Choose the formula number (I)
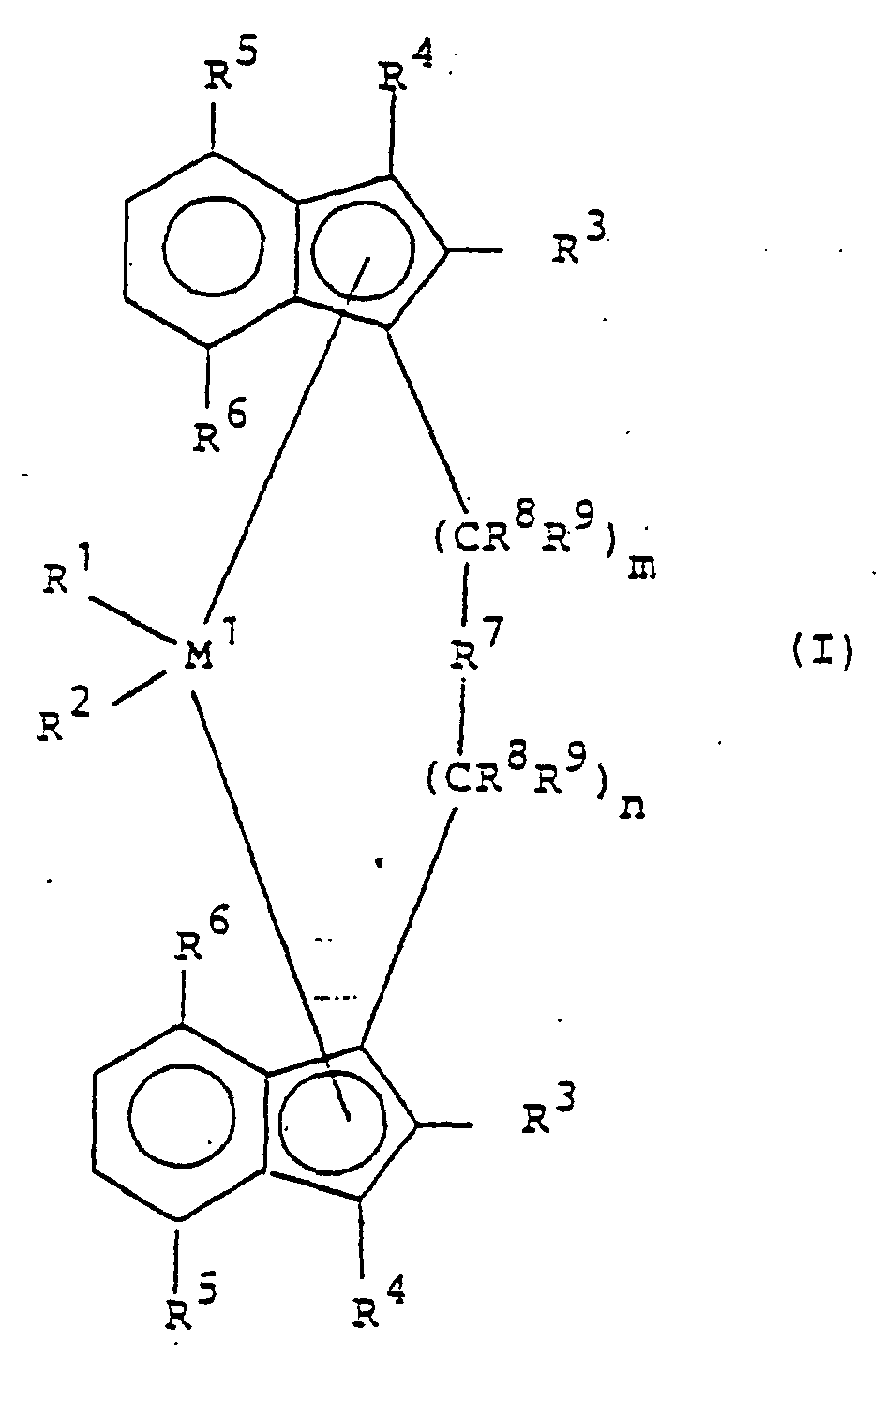pyautogui.click(x=818, y=651)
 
